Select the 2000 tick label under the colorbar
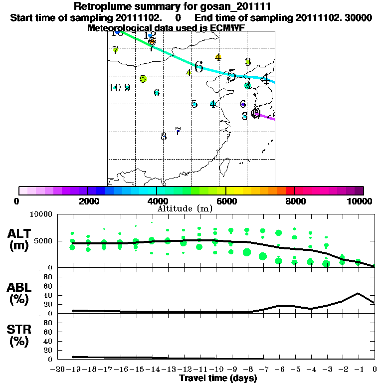coord(87,201)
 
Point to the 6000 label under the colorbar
coord(226,201)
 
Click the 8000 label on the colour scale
coord(295,201)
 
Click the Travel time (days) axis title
coord(218,379)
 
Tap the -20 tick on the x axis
coord(58,369)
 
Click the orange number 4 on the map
coord(218,57)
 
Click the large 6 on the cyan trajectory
coord(199,67)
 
